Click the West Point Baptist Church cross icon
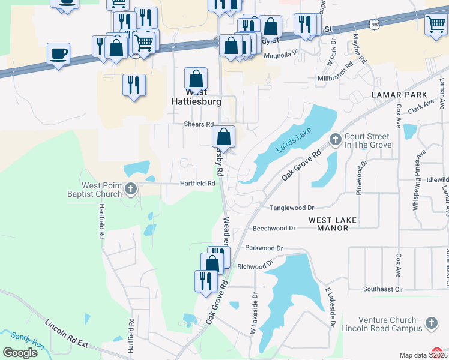(x=131, y=191)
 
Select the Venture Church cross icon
(x=431, y=325)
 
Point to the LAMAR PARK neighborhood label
(x=399, y=95)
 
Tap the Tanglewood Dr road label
(x=292, y=207)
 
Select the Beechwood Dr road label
(x=274, y=229)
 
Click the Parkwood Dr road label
(x=264, y=248)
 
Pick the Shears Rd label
(x=199, y=124)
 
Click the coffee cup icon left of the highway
(x=59, y=54)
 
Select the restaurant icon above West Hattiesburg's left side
(x=134, y=85)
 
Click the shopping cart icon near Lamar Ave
(x=435, y=25)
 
